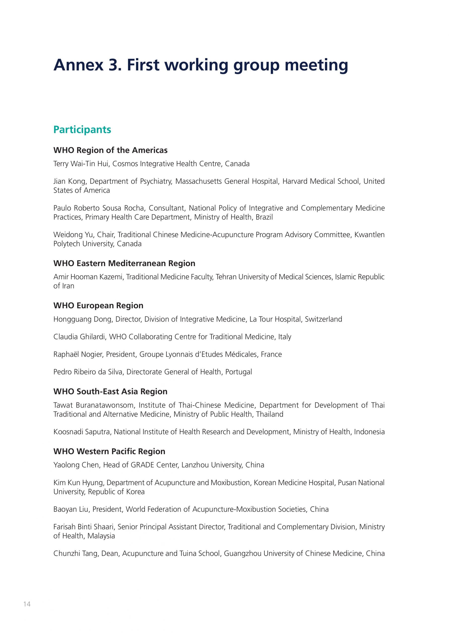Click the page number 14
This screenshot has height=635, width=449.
point(27,612)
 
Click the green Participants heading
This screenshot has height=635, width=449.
point(82,129)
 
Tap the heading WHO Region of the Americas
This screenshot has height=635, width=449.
point(110,150)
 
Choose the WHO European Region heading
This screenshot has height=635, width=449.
point(98,306)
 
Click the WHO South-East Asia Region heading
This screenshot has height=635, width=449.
point(110,392)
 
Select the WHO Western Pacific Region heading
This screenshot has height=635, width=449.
point(109,451)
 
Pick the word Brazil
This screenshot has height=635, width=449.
point(264,217)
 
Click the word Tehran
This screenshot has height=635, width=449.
point(226,277)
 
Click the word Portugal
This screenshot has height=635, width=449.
point(238,372)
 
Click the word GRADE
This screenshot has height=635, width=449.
point(142,465)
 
